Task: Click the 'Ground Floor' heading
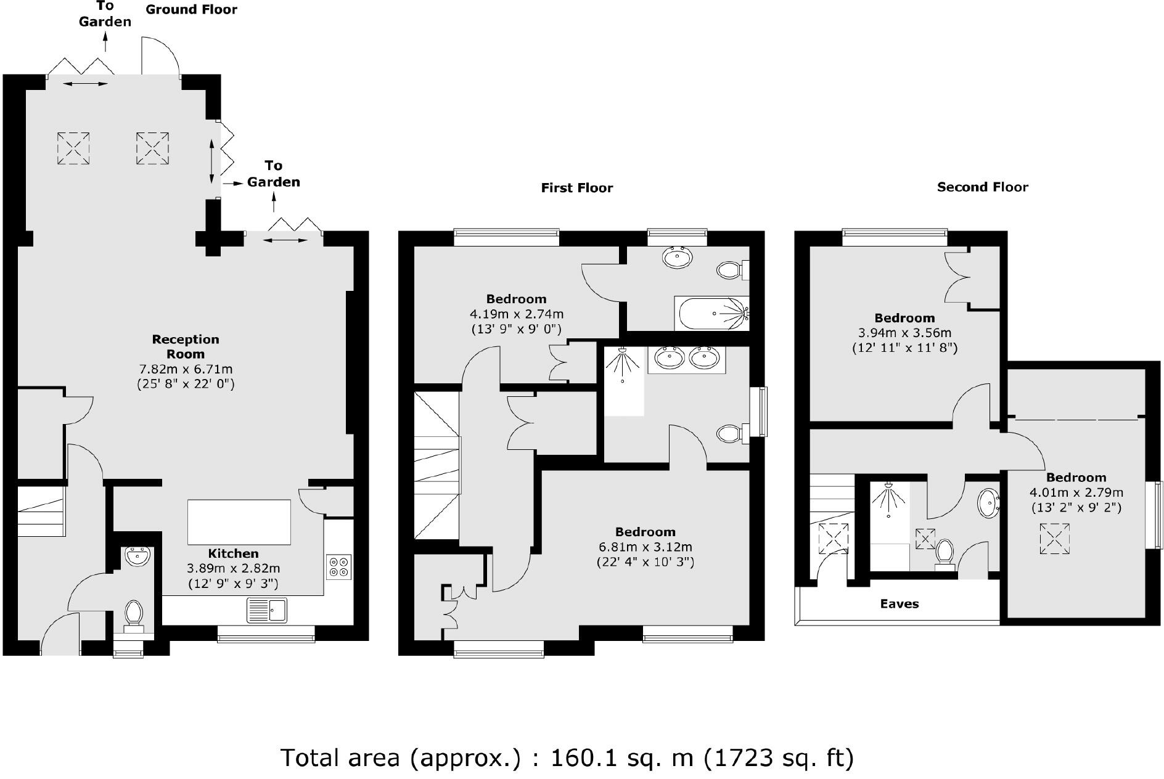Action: click(x=191, y=9)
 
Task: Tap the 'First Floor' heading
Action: click(x=577, y=188)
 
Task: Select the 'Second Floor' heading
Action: click(x=983, y=187)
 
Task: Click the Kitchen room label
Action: click(x=233, y=553)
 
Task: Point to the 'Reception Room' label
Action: click(x=186, y=346)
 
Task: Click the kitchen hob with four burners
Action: click(x=338, y=566)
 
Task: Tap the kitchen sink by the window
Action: click(x=267, y=610)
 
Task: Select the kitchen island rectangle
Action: click(x=239, y=522)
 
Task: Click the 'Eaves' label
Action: click(x=899, y=604)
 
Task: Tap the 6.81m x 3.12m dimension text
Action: click(x=645, y=547)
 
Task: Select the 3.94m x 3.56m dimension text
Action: click(x=904, y=333)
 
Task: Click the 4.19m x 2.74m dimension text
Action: click(x=517, y=314)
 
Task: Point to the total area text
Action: click(x=567, y=757)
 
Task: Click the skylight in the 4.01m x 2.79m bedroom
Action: click(x=1054, y=539)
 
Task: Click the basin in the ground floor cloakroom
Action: click(x=137, y=556)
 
